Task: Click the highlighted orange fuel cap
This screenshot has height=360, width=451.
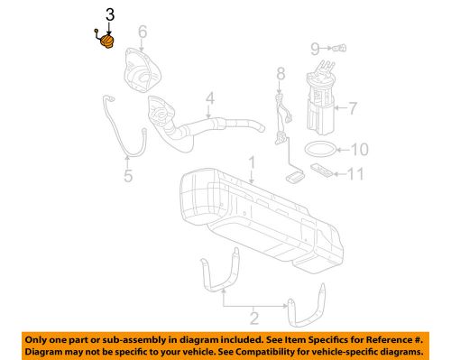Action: (x=107, y=42)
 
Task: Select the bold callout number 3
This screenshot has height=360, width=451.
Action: (x=110, y=14)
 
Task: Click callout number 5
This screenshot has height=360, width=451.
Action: (x=127, y=176)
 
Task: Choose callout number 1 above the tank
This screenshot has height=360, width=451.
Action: (x=253, y=164)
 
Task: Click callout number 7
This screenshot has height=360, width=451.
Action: (x=353, y=110)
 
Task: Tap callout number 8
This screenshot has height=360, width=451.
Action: (x=280, y=73)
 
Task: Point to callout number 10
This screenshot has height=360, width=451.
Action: (x=359, y=149)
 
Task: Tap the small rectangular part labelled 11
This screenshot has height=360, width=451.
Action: (x=321, y=169)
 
